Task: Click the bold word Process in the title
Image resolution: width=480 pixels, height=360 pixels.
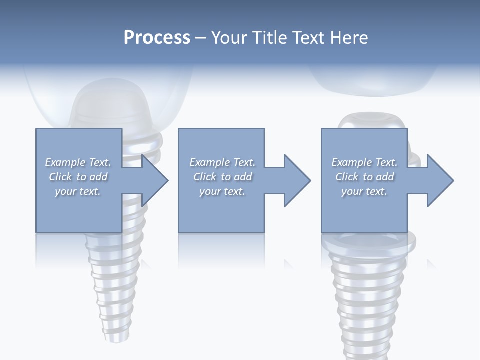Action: coord(157,37)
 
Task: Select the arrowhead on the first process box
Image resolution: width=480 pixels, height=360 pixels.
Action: coord(154,180)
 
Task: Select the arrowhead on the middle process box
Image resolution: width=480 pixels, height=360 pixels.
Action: coord(296,180)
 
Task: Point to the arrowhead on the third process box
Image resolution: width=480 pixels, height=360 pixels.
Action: coord(439,180)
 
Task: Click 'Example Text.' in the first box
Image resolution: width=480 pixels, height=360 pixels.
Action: coord(78,162)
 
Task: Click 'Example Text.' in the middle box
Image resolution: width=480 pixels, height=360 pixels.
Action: coord(222,162)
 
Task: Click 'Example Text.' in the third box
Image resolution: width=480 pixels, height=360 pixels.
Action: coord(364,162)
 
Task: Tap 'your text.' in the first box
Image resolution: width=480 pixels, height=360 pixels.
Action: coord(78,191)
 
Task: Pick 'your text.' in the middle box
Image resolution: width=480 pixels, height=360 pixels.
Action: coord(222,191)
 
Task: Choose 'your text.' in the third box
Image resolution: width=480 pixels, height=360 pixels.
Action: coord(364,191)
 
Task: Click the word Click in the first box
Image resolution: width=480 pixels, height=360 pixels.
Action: coord(60,177)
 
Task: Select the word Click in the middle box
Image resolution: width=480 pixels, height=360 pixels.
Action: coord(205,177)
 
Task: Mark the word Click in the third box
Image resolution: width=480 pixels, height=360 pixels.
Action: coord(347,177)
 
